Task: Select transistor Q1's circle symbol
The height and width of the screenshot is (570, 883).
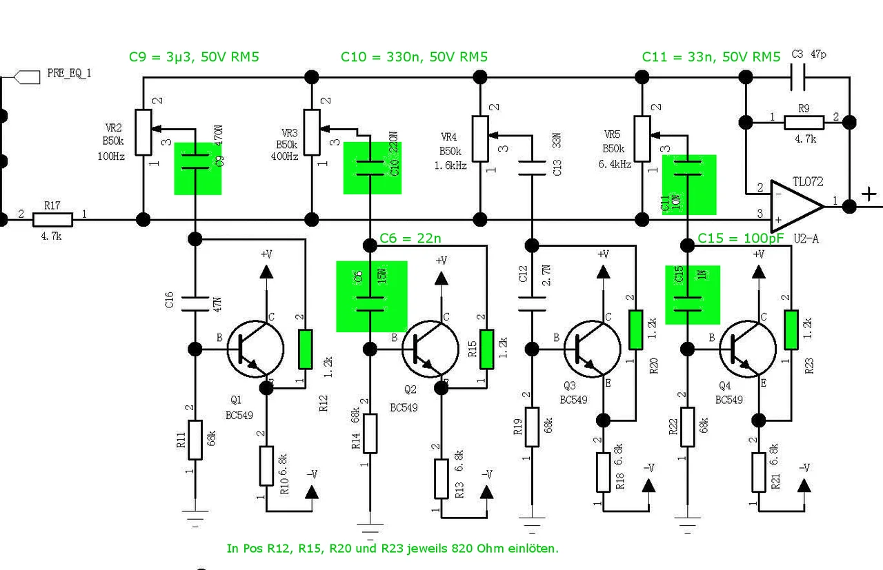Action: click(x=255, y=349)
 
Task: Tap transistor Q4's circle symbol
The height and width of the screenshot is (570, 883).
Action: click(x=747, y=349)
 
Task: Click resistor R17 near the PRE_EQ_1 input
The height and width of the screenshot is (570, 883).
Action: click(x=53, y=220)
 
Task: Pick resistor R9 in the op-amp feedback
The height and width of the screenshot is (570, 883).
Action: click(x=803, y=123)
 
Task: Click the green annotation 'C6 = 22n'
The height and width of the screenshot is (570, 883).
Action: click(x=410, y=238)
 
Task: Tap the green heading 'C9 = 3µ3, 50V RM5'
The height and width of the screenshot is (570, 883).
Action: click(x=194, y=57)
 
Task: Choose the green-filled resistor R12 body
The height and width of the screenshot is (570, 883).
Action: click(x=305, y=349)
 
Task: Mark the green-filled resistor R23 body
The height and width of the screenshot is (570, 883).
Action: click(x=791, y=331)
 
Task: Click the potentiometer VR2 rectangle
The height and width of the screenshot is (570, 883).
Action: click(x=143, y=131)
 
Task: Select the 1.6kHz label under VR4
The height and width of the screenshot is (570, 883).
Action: click(x=450, y=166)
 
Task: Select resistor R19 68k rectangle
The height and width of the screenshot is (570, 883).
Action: click(x=532, y=428)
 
